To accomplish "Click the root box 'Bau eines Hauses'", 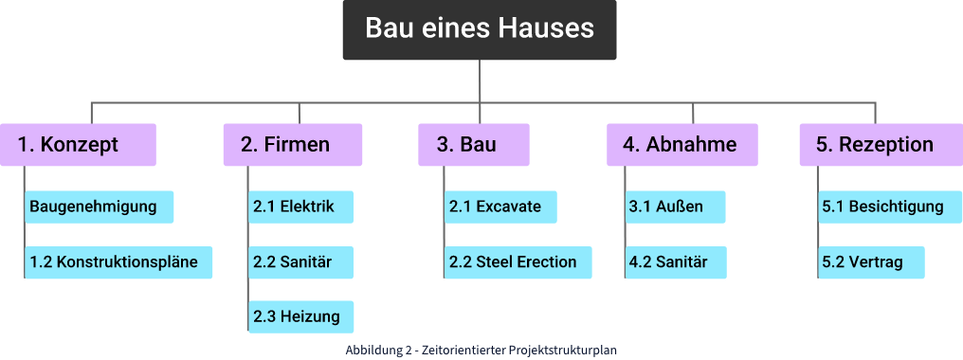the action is (480, 29).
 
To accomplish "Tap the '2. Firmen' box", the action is (293, 145).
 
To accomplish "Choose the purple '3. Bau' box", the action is (473, 145).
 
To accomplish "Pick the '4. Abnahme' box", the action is (681, 145).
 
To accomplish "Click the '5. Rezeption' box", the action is (873, 145).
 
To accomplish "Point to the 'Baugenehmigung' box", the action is (100, 207).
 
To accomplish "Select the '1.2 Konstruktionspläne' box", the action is (118, 262).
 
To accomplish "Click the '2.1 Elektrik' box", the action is (301, 207).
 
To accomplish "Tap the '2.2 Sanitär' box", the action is (301, 262).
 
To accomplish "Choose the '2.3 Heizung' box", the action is (301, 316).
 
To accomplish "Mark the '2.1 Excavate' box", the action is (500, 207).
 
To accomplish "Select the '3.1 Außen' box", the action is (675, 207).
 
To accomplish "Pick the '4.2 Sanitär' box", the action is (675, 262).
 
